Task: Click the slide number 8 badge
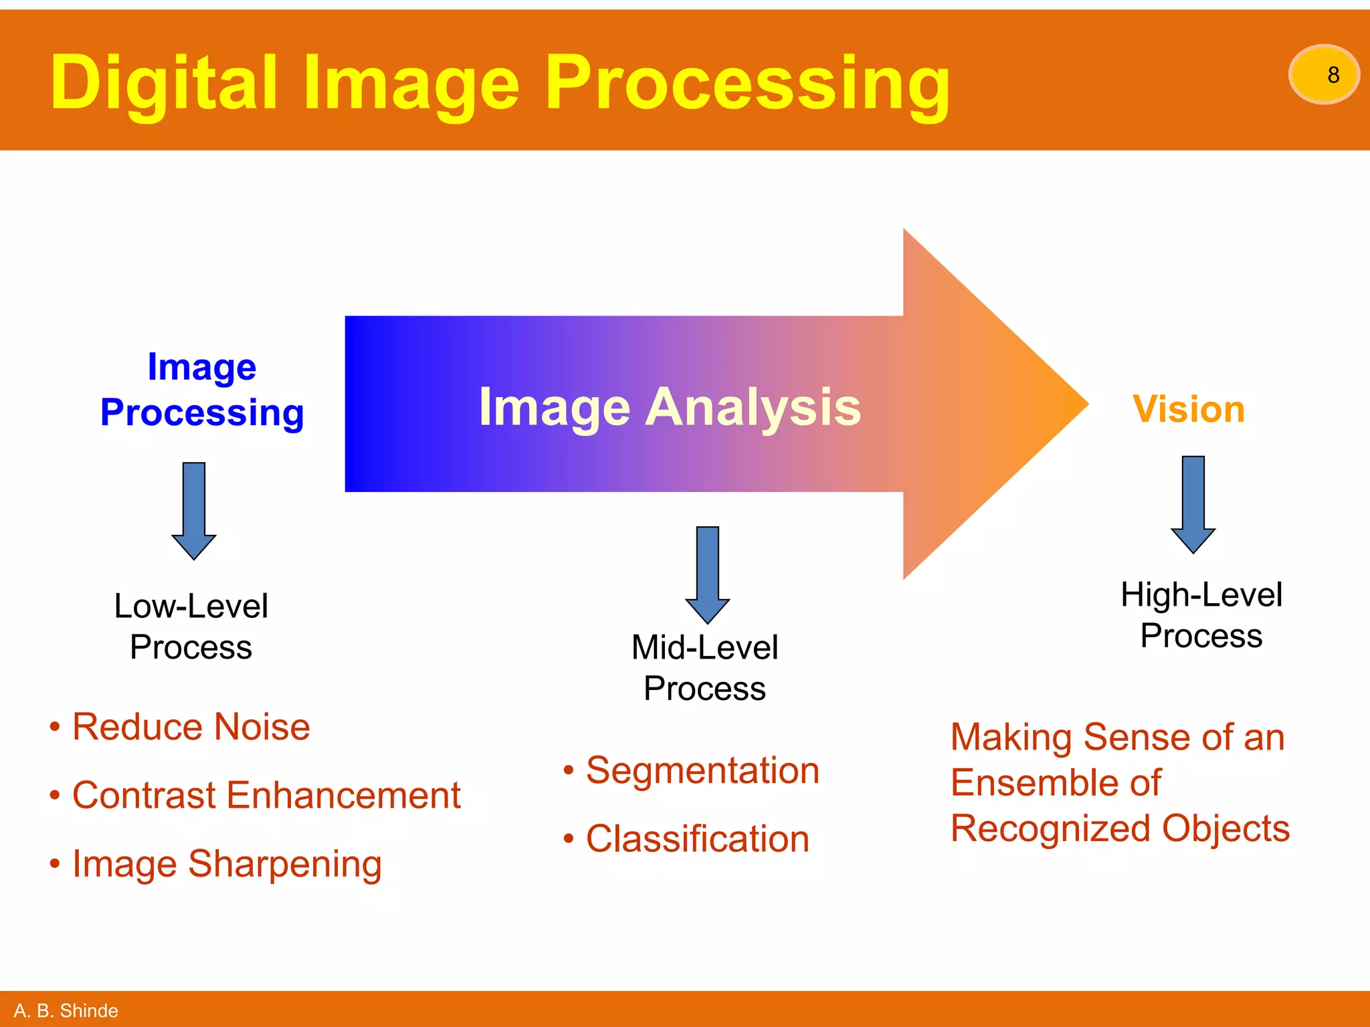(x=1323, y=74)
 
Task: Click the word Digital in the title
(x=163, y=83)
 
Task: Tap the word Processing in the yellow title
(x=747, y=83)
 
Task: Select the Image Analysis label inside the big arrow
(x=670, y=407)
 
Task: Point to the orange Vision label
(x=1188, y=409)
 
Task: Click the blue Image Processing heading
(x=202, y=390)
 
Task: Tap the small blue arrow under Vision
(x=1193, y=503)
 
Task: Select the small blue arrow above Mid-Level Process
(x=708, y=574)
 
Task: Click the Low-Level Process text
(x=191, y=626)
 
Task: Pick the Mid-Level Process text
(x=704, y=668)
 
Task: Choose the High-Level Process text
(x=1201, y=615)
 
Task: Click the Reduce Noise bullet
(x=191, y=727)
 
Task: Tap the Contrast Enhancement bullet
(x=266, y=795)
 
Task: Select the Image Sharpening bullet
(x=227, y=864)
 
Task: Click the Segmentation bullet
(x=702, y=770)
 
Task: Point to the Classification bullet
(x=697, y=838)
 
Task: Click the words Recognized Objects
(x=1119, y=828)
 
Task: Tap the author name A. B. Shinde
(x=66, y=1010)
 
